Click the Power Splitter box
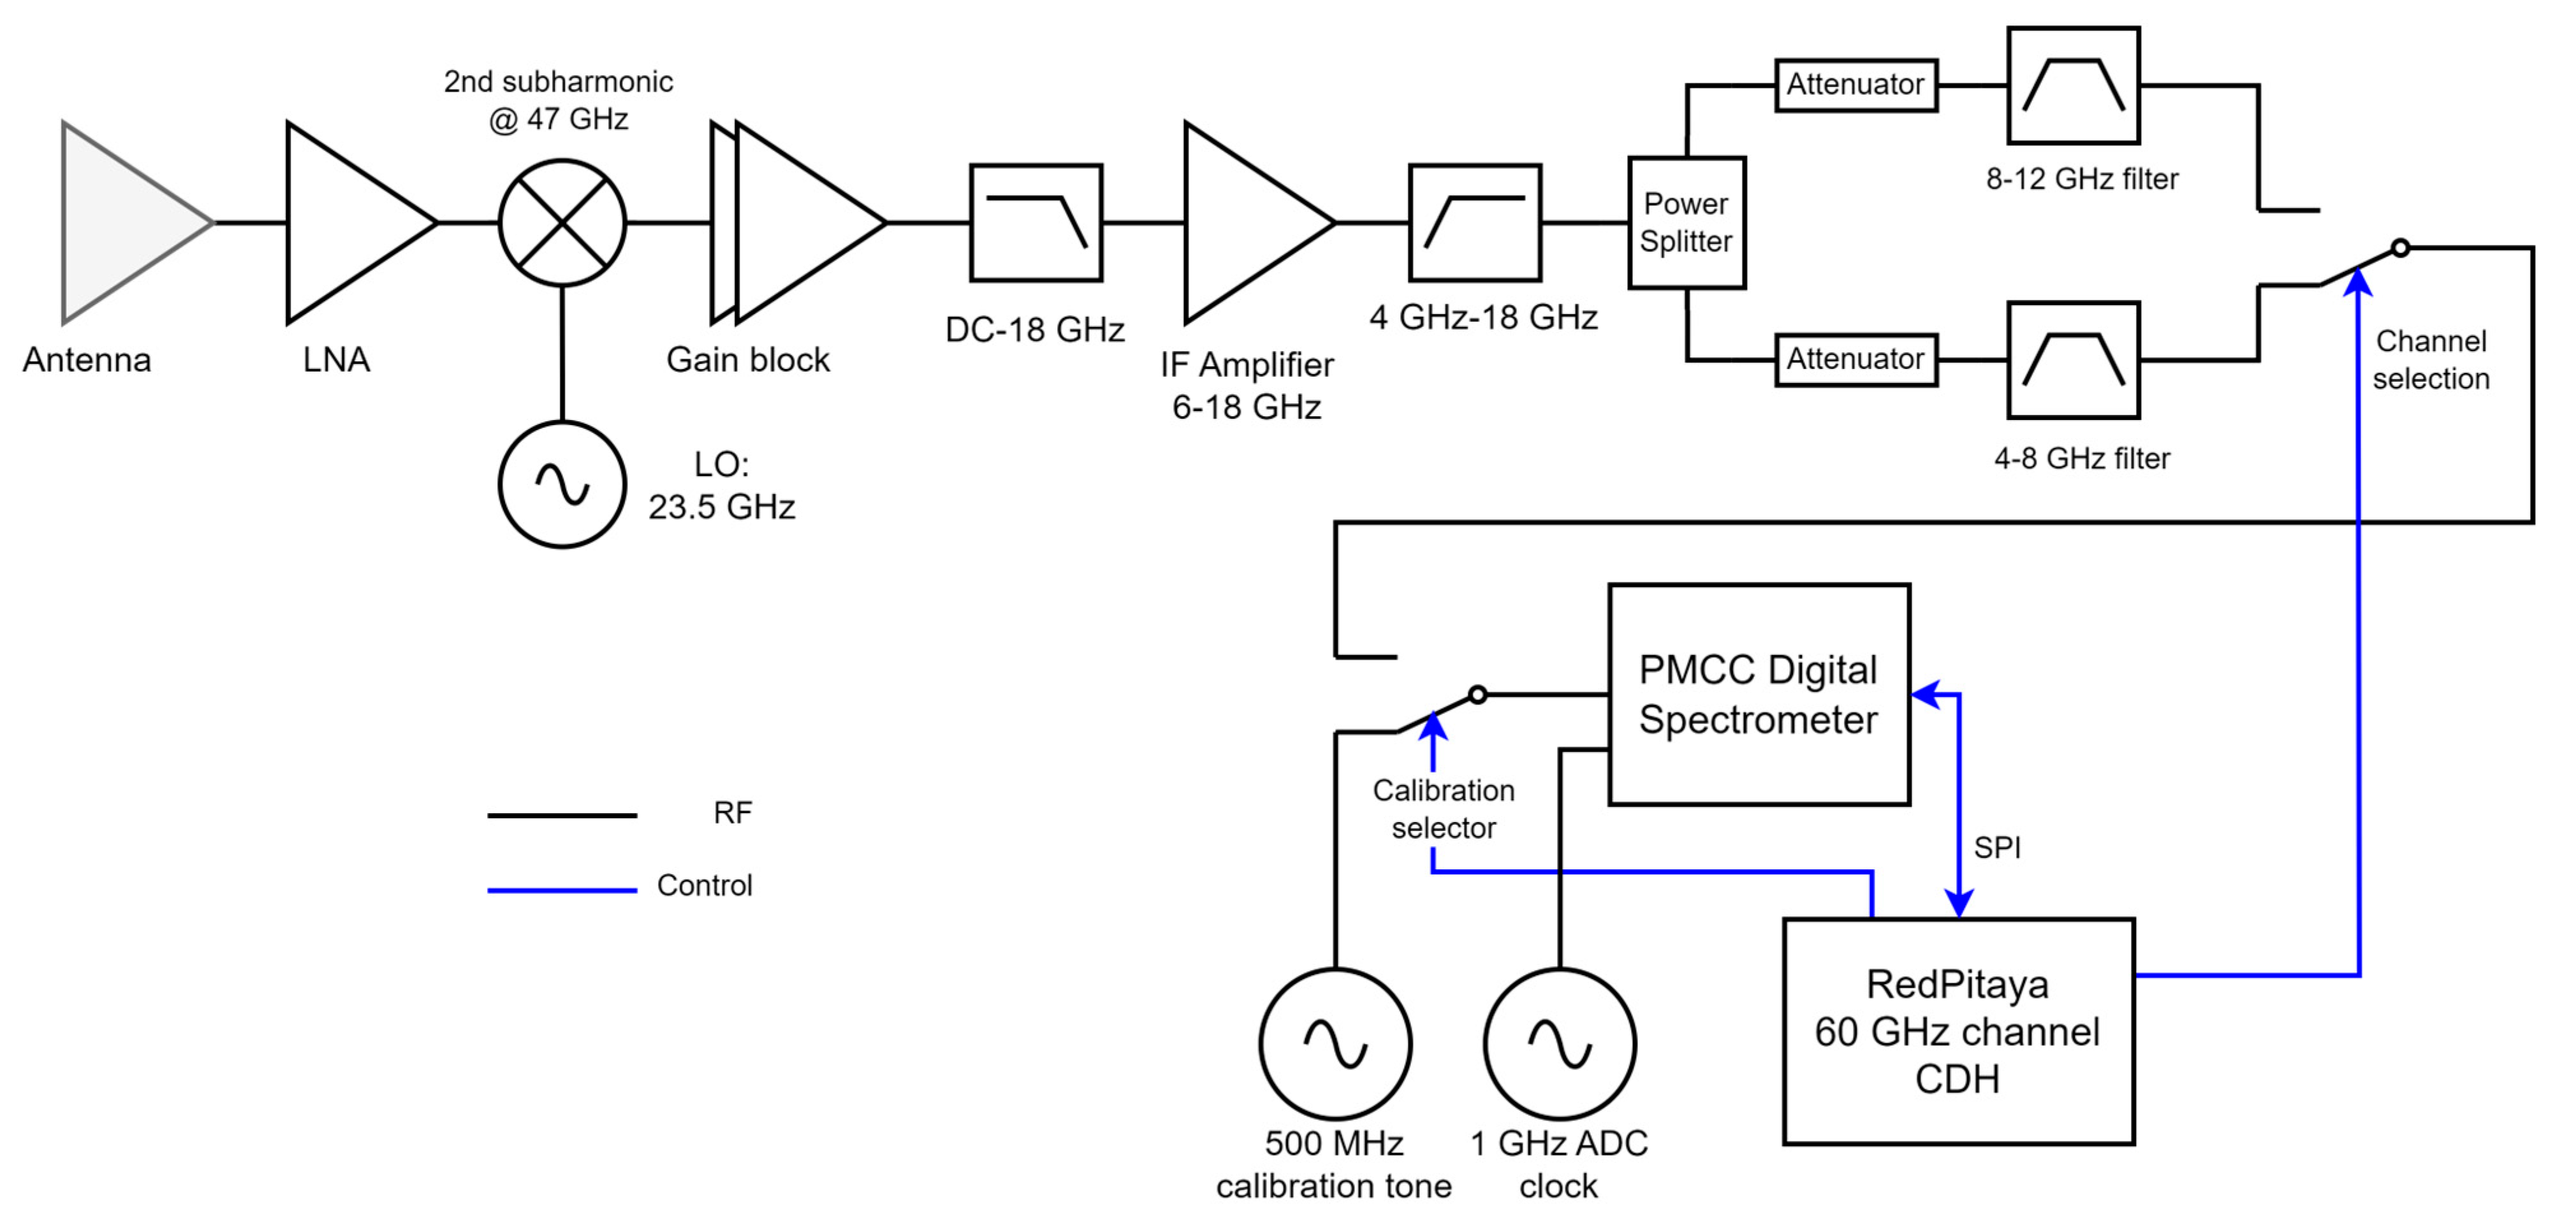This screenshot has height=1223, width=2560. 1686,222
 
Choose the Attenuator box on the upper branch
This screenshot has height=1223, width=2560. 1855,85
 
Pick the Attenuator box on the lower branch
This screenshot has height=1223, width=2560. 1855,359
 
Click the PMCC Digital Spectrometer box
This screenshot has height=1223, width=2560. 1758,693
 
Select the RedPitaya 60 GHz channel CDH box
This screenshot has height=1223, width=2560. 1957,1031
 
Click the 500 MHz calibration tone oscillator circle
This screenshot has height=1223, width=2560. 1335,1043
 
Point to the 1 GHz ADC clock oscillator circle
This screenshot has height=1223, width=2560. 1559,1043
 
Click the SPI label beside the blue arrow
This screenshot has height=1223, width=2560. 1996,848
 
